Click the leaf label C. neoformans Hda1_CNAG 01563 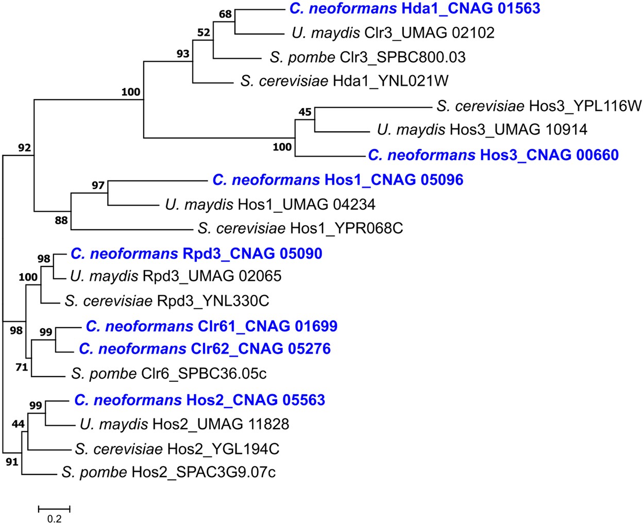tap(415, 8)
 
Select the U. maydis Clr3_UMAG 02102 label tap(393, 32)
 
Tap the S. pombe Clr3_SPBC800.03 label tap(367, 57)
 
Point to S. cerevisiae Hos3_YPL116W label tap(539, 106)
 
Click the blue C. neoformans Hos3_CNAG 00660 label tap(493, 155)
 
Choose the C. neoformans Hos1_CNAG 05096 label tap(337, 180)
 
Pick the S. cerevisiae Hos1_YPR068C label tap(300, 228)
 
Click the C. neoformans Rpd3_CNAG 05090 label tap(196, 253)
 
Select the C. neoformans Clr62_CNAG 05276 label tap(205, 349)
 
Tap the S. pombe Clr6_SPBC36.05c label tap(169, 374)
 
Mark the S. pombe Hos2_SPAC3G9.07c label tap(168, 472)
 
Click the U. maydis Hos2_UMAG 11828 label tap(184, 424)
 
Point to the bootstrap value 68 tap(225, 14)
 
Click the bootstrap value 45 tap(304, 112)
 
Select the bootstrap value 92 tap(24, 148)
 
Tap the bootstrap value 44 tap(18, 424)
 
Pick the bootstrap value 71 tap(21, 367)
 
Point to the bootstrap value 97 tap(98, 185)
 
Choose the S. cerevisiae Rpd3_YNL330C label tap(167, 300)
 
